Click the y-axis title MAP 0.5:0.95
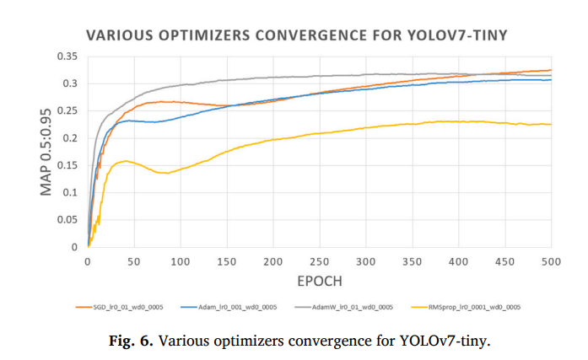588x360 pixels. click(48, 152)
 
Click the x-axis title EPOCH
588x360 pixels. click(319, 280)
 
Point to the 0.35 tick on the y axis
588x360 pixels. click(67, 56)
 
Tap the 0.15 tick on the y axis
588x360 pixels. click(67, 165)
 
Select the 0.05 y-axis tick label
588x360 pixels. click(67, 220)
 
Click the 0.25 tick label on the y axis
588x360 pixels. click(67, 111)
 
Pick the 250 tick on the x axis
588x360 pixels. click(319, 261)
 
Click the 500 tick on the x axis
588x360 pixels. click(551, 261)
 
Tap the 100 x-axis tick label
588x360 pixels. click(180, 261)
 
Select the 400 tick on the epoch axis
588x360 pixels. click(458, 261)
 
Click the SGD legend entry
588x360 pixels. click(126, 308)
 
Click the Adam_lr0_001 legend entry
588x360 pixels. click(235, 308)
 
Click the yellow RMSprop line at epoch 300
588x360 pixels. click(365, 128)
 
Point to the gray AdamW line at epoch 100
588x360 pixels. click(180, 85)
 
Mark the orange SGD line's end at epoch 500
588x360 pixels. click(550, 70)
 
